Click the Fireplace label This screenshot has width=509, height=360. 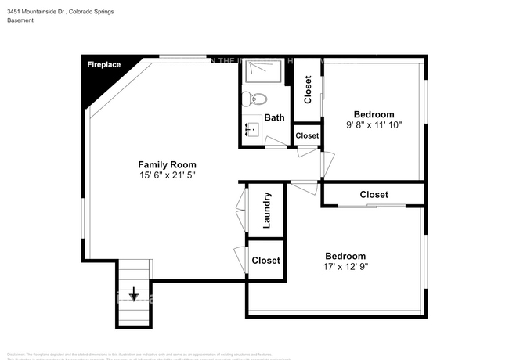[103, 65]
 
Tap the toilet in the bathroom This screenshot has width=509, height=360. [256, 99]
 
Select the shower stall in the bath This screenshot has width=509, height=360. [264, 72]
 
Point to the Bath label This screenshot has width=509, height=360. [274, 117]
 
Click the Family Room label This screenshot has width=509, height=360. [167, 164]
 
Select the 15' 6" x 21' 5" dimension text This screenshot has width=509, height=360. [167, 175]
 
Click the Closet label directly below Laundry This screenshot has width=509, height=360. [266, 261]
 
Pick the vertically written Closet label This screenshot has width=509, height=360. [308, 90]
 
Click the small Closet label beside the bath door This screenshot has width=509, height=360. [307, 135]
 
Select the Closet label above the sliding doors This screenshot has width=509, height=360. [374, 194]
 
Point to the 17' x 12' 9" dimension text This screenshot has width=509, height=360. [345, 267]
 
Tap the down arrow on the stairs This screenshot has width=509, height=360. [134, 295]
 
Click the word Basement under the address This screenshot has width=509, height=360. [22, 20]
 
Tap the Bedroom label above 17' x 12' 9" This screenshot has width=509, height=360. [345, 256]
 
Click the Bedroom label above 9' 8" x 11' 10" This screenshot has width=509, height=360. [374, 114]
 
